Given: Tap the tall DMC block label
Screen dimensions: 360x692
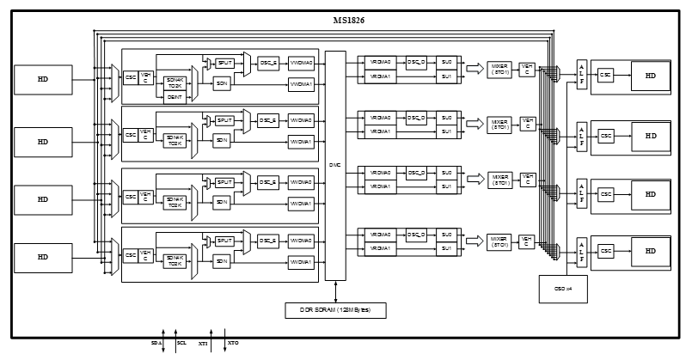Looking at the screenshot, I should (335, 165).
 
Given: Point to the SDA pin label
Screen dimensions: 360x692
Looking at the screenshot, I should (156, 343).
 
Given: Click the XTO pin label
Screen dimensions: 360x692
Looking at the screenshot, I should (232, 343).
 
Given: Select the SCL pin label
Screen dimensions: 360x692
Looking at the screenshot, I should (181, 343).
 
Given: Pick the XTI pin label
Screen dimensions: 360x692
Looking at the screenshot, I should (204, 343).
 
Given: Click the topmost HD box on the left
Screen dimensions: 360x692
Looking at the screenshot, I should (42, 80).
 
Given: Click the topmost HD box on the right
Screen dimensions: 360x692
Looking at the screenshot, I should (651, 76).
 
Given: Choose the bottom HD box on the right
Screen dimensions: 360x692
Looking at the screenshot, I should (651, 251).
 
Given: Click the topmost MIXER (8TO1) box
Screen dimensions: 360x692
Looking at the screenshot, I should (499, 70).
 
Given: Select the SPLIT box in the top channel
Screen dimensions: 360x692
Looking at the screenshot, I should (224, 64).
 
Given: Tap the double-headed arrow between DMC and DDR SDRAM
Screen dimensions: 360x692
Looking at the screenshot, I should (335, 291).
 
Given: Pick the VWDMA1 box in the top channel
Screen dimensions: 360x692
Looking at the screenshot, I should (301, 83).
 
